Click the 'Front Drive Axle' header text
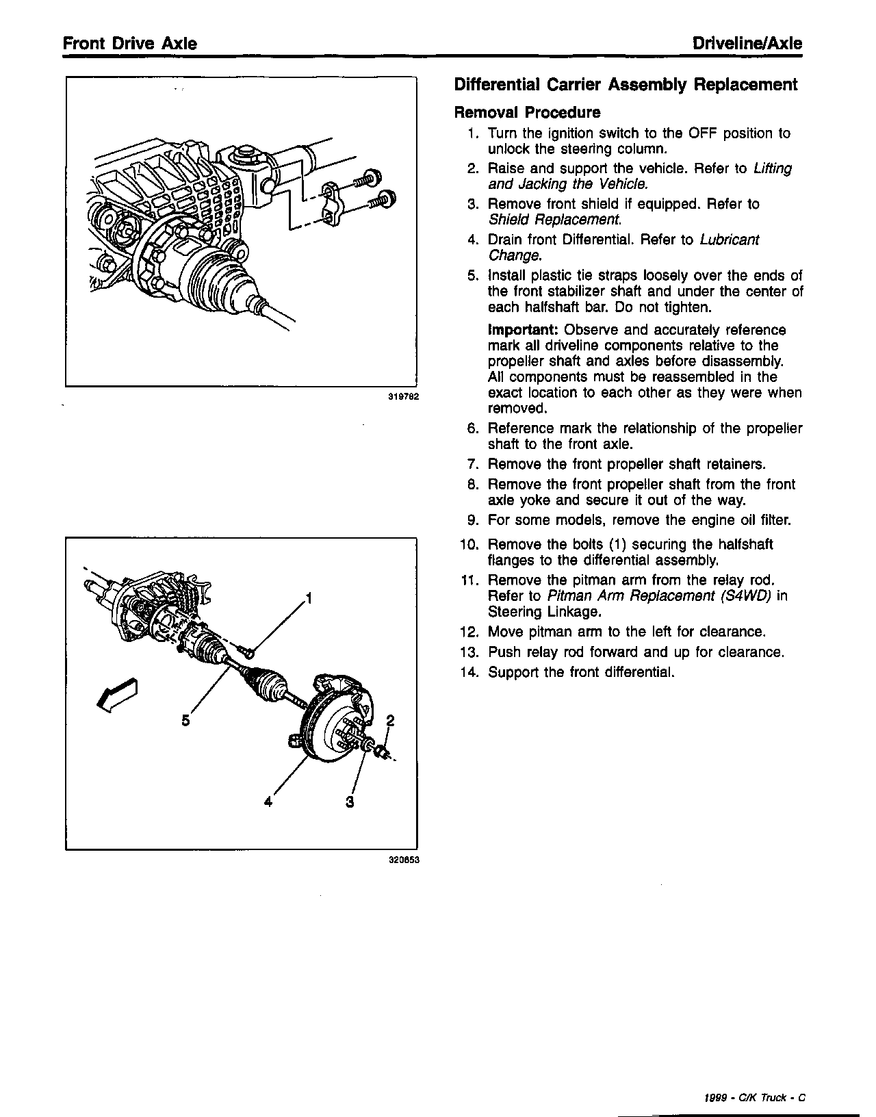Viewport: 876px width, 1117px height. coord(130,44)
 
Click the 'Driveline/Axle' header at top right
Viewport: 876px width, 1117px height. coord(747,44)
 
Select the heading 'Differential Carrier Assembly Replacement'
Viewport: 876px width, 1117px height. coord(626,85)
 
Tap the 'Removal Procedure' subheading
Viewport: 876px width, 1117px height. coord(527,112)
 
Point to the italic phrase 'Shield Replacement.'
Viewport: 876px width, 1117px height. coord(555,220)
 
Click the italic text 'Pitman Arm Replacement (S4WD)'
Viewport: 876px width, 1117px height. coord(660,595)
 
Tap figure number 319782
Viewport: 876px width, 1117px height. coord(403,396)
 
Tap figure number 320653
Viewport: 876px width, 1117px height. coord(403,861)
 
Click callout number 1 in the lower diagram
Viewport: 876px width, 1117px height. coord(309,599)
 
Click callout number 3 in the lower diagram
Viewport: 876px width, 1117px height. coord(350,801)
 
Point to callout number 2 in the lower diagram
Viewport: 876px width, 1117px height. coord(391,720)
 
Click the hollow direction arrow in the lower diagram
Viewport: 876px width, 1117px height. coord(117,693)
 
